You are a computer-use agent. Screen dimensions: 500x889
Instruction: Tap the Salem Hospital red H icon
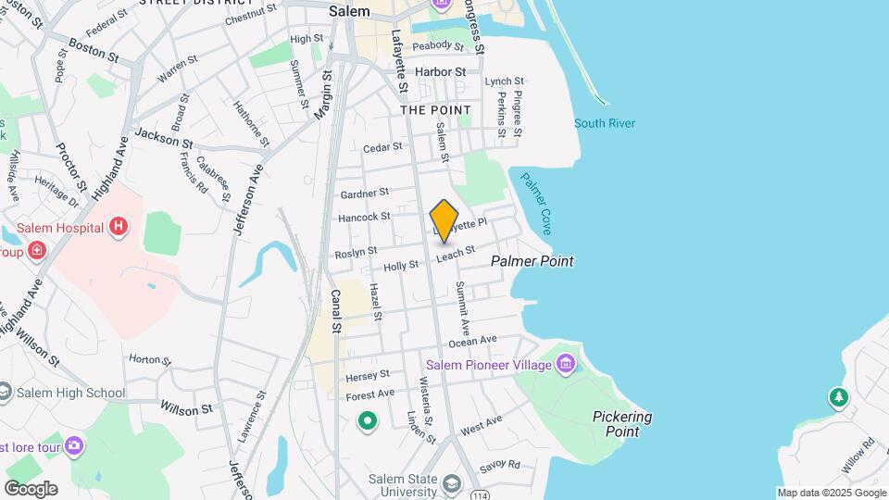tap(118, 226)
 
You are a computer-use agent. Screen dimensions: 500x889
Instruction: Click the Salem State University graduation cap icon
tap(451, 483)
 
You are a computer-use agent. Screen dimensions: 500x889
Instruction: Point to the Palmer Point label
tap(532, 261)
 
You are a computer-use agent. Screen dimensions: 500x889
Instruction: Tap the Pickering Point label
tap(622, 424)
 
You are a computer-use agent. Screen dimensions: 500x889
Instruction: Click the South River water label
tap(605, 123)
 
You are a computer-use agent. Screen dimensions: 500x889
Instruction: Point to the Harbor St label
tap(440, 71)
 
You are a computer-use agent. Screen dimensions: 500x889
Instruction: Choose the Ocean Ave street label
tap(473, 342)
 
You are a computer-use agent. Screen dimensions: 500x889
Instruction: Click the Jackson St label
tap(163, 138)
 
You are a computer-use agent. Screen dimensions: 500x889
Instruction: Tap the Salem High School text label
tap(70, 393)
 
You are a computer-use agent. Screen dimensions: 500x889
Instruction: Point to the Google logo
tap(31, 488)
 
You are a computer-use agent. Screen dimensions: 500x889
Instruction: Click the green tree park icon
tap(838, 397)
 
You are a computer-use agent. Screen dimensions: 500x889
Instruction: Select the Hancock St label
tap(365, 217)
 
